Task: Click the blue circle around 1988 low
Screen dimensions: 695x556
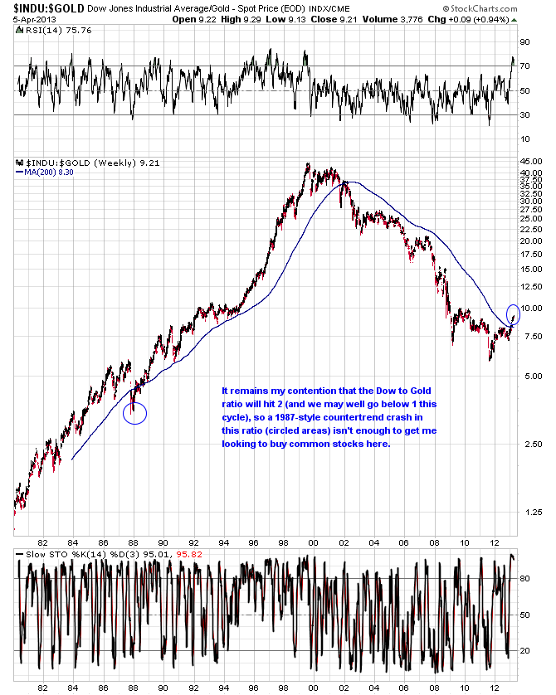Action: pyautogui.click(x=134, y=413)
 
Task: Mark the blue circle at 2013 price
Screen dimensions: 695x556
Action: pyautogui.click(x=513, y=314)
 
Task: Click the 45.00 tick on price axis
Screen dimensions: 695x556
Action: pyautogui.click(x=531, y=163)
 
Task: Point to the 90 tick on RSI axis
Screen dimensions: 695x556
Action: pyautogui.click(x=525, y=41)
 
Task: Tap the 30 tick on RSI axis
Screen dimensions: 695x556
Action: pyautogui.click(x=525, y=115)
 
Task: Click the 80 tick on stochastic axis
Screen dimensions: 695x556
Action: pyautogui.click(x=525, y=579)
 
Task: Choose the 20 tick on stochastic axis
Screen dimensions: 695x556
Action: pyautogui.click(x=525, y=651)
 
